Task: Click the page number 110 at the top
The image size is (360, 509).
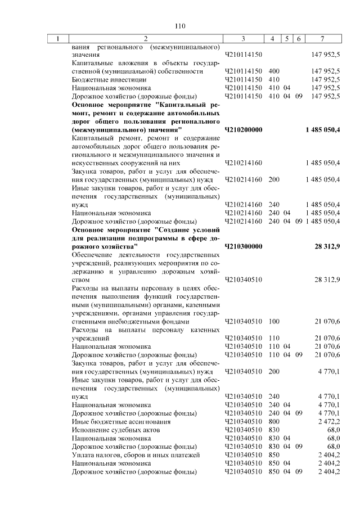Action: click(x=180, y=25)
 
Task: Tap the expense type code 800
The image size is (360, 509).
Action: click(x=274, y=421)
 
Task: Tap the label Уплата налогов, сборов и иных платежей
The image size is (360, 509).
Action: click(x=133, y=454)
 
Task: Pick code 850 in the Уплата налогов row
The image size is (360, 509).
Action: click(x=274, y=454)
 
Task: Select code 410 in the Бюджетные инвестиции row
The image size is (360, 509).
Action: click(x=274, y=80)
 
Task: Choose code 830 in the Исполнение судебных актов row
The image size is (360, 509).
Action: click(x=274, y=430)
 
